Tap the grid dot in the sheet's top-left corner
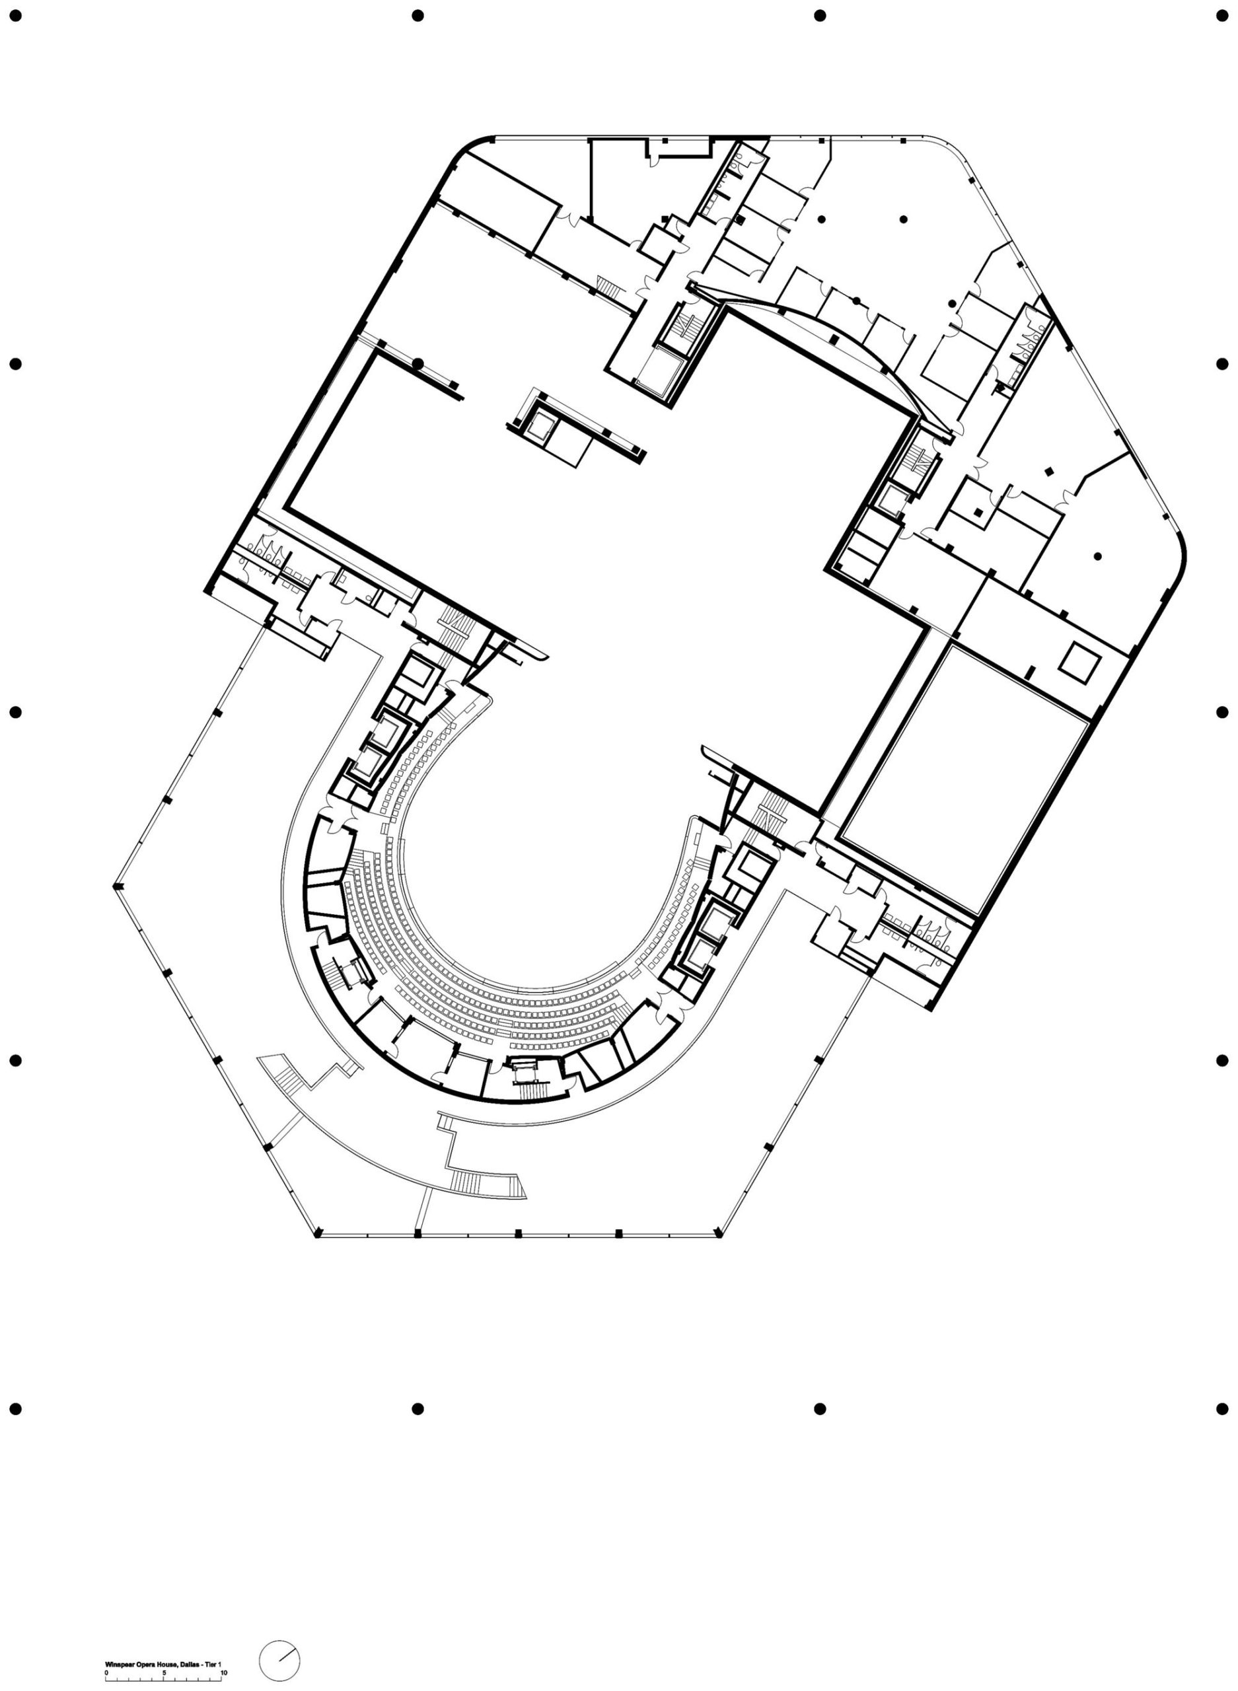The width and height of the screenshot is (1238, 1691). pos(16,16)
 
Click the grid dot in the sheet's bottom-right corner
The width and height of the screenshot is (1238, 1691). pos(1221,1408)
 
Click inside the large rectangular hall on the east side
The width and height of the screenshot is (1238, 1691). pos(964,779)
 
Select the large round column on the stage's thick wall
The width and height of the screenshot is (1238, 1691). pos(418,364)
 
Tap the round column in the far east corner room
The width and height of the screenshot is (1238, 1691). pos(1097,557)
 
